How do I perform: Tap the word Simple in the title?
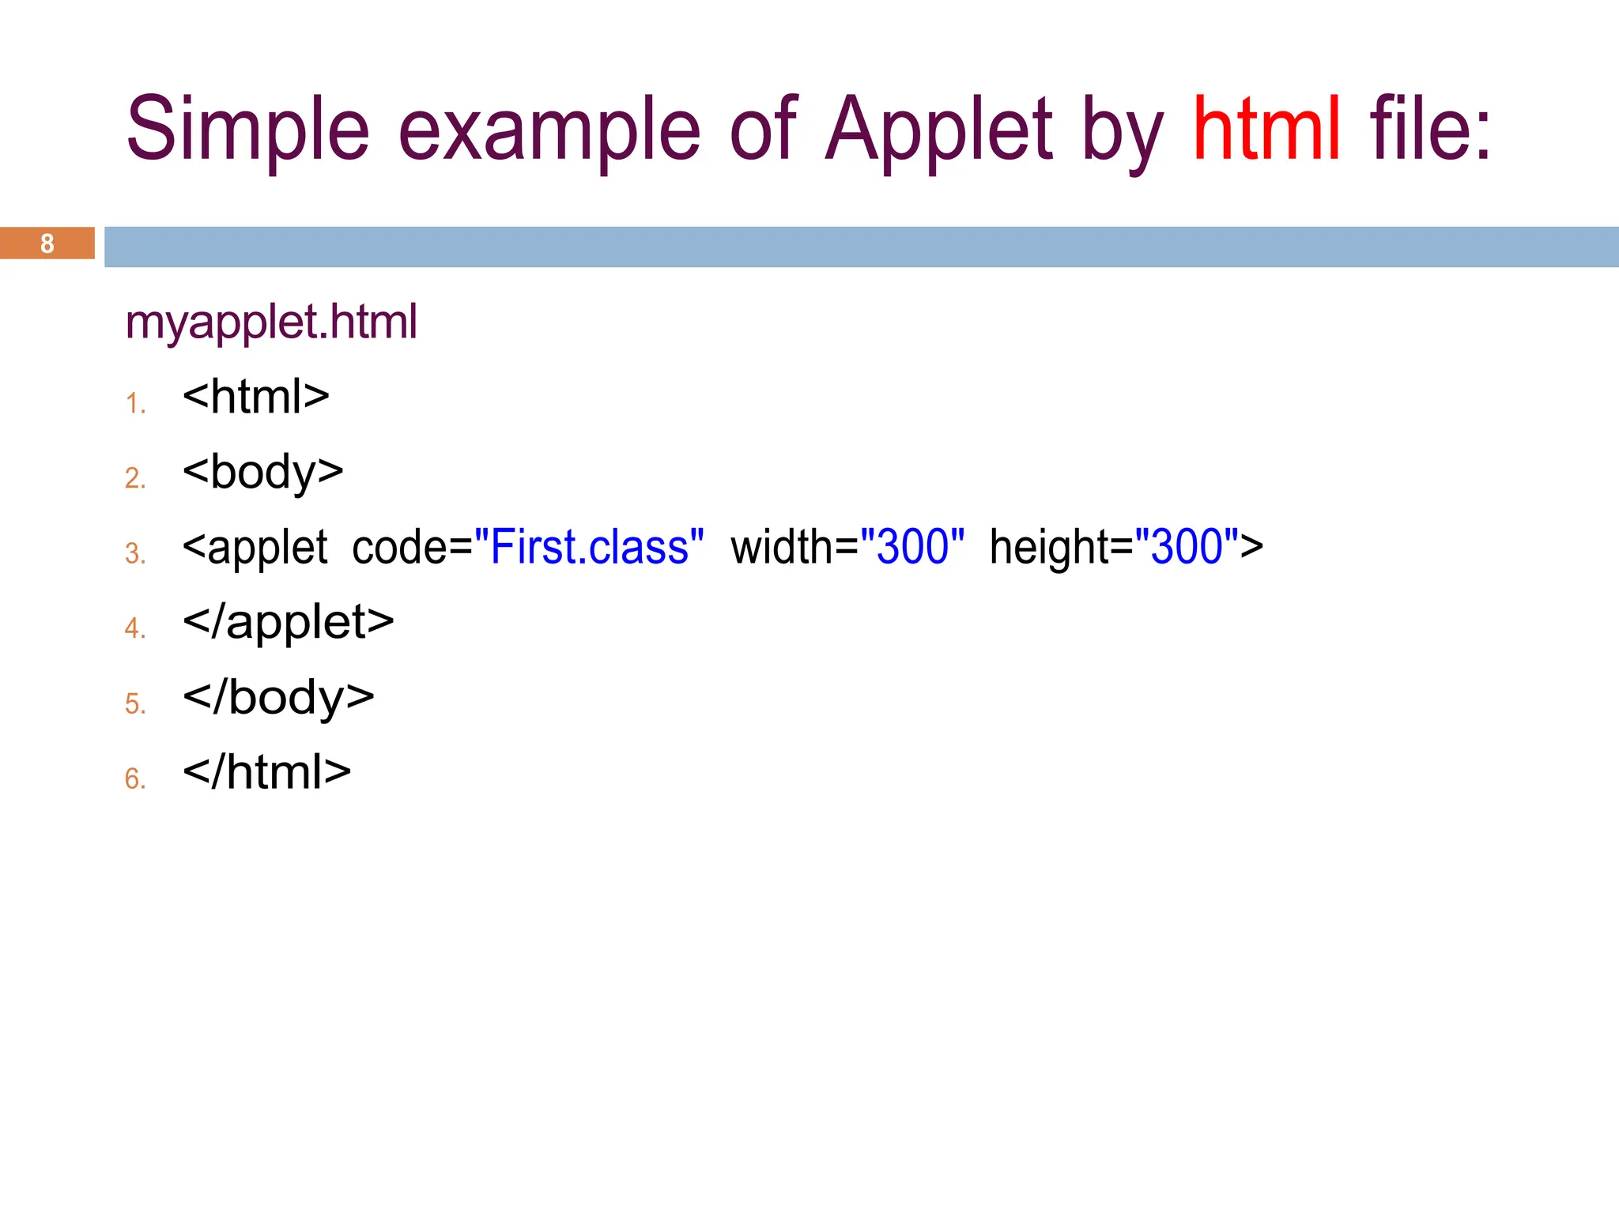point(247,129)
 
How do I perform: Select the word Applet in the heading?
point(938,129)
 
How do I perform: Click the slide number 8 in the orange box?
point(47,243)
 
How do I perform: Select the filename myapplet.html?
point(271,322)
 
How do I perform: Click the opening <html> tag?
point(255,396)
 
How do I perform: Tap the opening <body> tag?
point(262,472)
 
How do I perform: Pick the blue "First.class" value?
point(589,546)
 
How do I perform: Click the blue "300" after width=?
point(912,546)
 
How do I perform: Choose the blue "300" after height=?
point(1187,546)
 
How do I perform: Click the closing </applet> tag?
point(288,622)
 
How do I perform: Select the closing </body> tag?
point(278,697)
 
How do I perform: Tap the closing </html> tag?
point(266,772)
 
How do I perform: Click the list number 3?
point(135,553)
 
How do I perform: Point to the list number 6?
point(135,779)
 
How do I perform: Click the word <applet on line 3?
point(255,546)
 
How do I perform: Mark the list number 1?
point(135,404)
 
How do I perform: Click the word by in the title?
point(1122,129)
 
